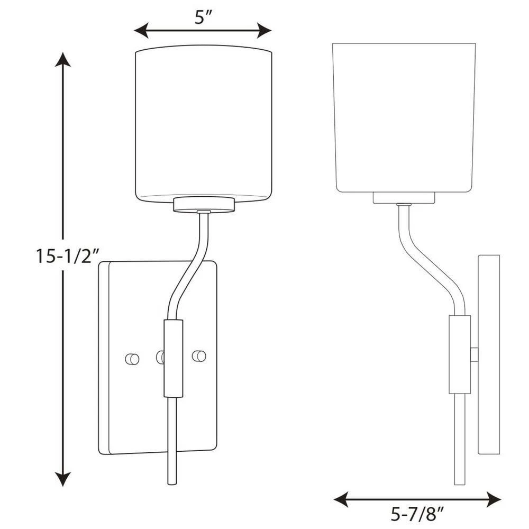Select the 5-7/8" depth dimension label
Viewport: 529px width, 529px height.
click(417, 514)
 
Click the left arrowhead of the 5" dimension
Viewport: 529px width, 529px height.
click(141, 30)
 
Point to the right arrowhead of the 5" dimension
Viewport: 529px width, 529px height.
click(264, 30)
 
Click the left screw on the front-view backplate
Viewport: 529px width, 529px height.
click(132, 359)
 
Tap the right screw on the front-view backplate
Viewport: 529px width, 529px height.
click(199, 356)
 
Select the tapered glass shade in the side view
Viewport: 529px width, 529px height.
click(404, 118)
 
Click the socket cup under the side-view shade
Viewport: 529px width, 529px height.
click(404, 198)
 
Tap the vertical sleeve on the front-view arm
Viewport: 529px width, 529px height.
click(174, 358)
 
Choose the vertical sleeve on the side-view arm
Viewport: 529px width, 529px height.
click(460, 354)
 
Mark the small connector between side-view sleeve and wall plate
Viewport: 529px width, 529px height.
click(475, 354)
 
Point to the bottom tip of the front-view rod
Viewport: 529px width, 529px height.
click(172, 485)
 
